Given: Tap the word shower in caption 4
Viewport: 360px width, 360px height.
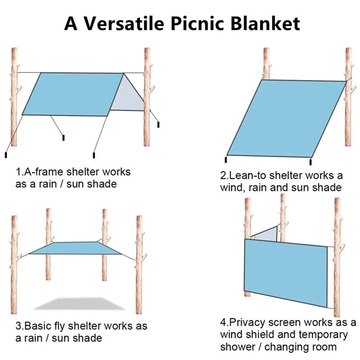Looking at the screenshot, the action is [x=239, y=347].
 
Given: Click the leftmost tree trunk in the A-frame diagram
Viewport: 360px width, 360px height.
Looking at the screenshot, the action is [x=14, y=98].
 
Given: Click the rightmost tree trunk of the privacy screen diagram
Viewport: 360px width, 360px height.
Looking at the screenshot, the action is [x=337, y=255].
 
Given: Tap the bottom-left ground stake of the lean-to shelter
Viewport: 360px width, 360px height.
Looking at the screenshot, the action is [x=226, y=159].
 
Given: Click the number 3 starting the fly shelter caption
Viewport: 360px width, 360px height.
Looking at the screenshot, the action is [x=18, y=326].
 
